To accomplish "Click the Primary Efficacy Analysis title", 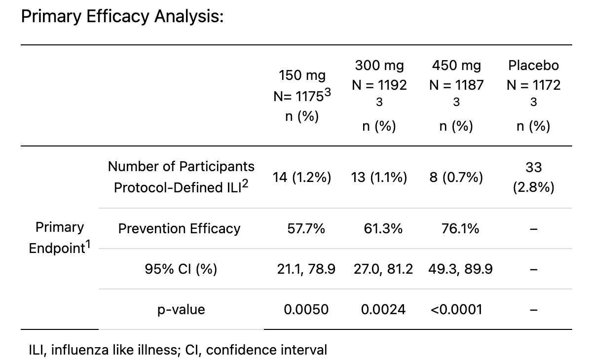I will click(x=122, y=16).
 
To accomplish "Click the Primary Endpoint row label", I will click(x=60, y=238).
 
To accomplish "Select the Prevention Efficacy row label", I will click(x=179, y=229).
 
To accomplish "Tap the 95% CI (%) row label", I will click(x=181, y=269).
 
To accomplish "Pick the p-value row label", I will click(x=181, y=310).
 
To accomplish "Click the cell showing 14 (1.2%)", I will click(x=302, y=178).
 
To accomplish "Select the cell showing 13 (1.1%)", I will click(x=379, y=178).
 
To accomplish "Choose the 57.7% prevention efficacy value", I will click(x=306, y=229).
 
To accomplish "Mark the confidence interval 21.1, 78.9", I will click(x=306, y=269).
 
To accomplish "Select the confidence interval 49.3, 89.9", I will click(x=460, y=269).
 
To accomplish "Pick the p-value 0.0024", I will click(x=383, y=310).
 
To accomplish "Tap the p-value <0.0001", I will click(x=456, y=310).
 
